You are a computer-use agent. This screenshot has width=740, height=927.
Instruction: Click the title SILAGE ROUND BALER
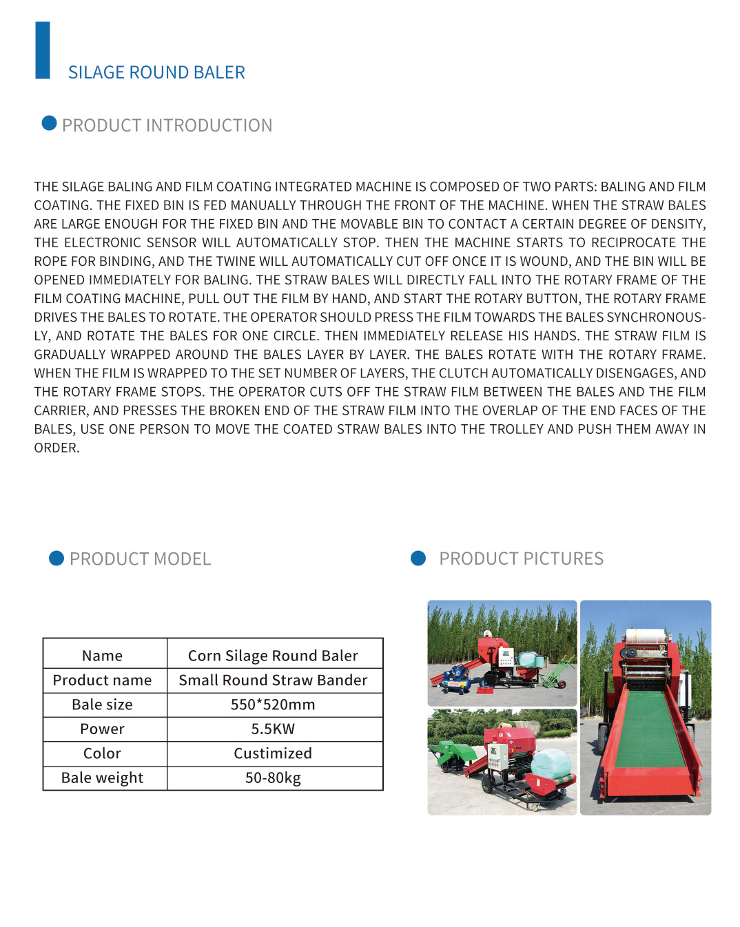pos(156,72)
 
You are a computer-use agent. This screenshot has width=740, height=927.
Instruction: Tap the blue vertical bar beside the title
pos(43,50)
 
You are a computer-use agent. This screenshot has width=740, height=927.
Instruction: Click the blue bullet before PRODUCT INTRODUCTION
pos(49,123)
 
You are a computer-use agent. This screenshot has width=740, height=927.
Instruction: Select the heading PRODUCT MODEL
pos(140,559)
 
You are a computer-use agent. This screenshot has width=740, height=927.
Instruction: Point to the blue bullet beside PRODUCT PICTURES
pos(418,558)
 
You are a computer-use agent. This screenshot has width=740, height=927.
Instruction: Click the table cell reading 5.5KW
pos(273,729)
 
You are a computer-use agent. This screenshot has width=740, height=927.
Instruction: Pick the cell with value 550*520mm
pos(273,705)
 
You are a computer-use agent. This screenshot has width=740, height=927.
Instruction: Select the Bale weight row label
pos(103,778)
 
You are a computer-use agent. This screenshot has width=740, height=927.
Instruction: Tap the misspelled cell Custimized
pos(273,753)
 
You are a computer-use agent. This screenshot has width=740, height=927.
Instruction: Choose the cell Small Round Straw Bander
pos(273,680)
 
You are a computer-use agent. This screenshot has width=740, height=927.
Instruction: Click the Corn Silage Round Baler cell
pos(273,655)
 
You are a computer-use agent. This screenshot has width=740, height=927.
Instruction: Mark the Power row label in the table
pos(103,729)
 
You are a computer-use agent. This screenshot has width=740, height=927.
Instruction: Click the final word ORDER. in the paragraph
pos(57,448)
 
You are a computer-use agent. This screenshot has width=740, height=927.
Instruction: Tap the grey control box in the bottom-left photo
pos(495,758)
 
